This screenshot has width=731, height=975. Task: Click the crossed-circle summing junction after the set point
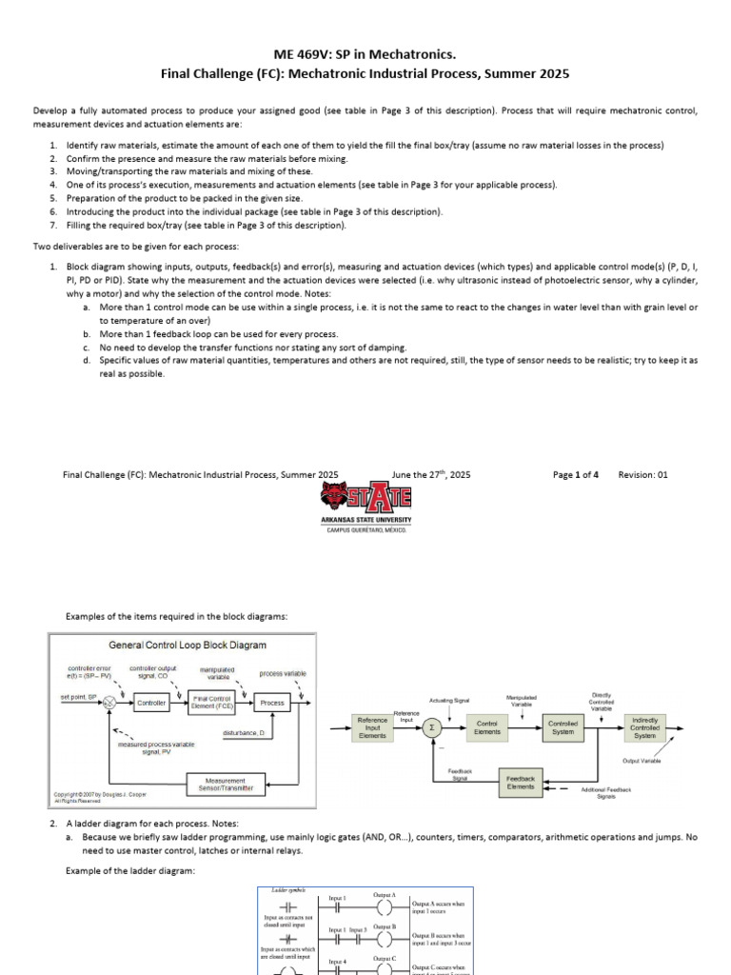(110, 703)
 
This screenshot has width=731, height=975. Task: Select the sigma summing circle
(433, 728)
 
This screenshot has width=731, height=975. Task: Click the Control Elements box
(487, 728)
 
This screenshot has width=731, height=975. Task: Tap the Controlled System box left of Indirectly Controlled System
(563, 728)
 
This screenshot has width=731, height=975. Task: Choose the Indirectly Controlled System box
(644, 728)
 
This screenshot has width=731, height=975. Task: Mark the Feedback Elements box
(520, 783)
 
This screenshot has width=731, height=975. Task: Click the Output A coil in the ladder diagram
(386, 906)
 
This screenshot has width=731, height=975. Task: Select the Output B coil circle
(386, 938)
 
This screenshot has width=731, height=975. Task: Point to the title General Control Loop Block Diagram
(188, 645)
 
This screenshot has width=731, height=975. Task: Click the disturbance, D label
(245, 732)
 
